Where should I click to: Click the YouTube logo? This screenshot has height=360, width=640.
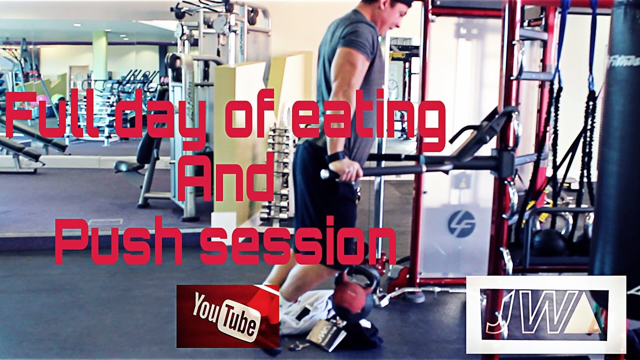[227, 316]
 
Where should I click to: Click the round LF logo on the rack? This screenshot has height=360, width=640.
[461, 224]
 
